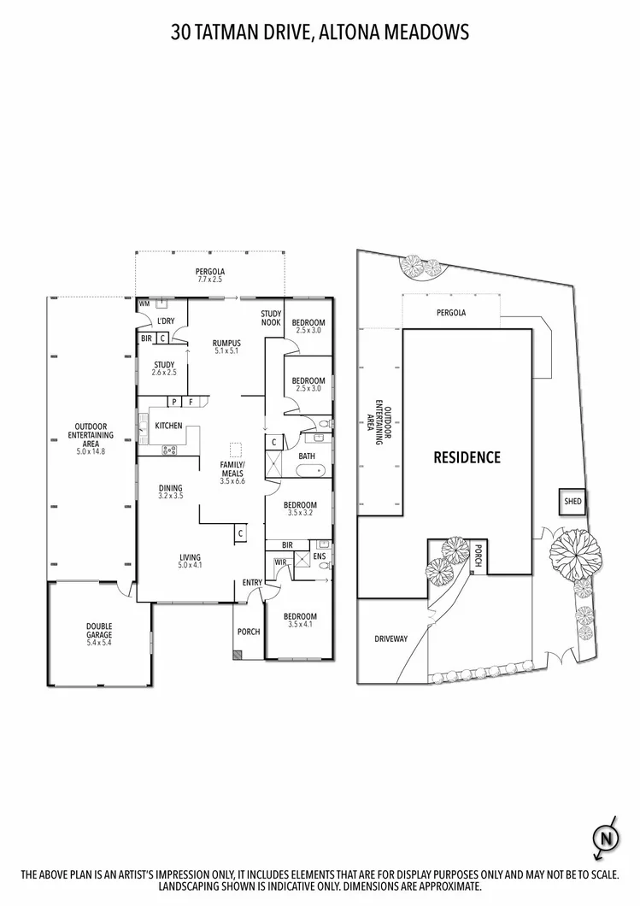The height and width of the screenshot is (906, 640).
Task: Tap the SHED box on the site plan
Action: (572, 503)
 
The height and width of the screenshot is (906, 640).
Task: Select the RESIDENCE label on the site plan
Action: (467, 457)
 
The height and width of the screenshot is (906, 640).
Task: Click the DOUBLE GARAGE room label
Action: (99, 631)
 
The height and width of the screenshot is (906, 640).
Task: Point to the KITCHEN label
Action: (168, 425)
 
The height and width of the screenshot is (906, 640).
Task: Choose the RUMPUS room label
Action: (227, 344)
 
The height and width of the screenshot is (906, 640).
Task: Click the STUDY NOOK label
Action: (271, 318)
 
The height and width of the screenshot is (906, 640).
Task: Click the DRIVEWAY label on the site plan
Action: (391, 638)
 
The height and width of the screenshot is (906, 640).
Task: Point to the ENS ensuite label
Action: (320, 556)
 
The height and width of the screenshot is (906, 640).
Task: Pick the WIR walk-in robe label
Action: (279, 562)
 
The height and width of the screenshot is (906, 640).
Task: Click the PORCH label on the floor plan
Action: (249, 632)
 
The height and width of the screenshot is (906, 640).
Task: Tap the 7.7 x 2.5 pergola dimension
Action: (209, 279)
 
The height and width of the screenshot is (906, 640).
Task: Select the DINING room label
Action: (170, 488)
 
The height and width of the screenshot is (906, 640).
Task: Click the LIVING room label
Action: (189, 557)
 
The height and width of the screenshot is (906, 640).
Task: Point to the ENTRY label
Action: (252, 583)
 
